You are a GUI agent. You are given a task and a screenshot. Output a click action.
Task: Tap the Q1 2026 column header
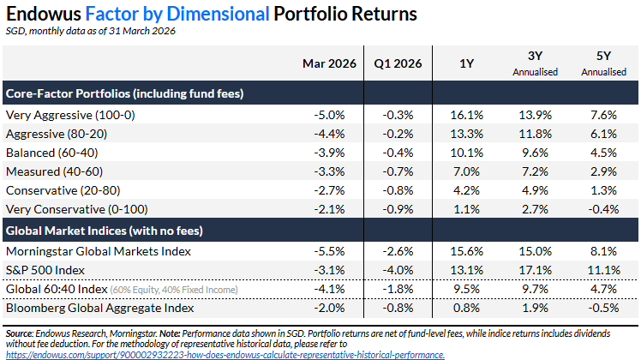pos(398,64)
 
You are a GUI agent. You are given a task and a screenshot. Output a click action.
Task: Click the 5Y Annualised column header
pos(603,64)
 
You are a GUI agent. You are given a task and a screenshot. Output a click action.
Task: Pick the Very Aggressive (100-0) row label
pos(70,114)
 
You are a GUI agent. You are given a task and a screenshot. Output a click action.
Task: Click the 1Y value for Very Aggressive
pos(468,114)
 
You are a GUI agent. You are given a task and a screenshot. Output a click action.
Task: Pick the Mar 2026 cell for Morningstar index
pos(330,251)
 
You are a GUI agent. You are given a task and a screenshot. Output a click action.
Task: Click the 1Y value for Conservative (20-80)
pos(468,189)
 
